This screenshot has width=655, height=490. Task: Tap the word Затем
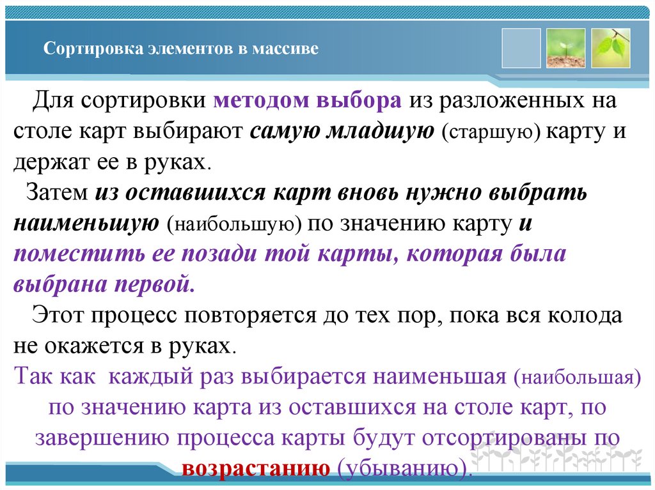coord(57,193)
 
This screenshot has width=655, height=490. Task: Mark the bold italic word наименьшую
coord(86,223)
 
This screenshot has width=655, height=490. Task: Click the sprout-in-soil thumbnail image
coord(566,49)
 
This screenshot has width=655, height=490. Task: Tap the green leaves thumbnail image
coord(611,49)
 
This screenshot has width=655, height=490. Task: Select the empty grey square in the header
coord(521,49)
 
